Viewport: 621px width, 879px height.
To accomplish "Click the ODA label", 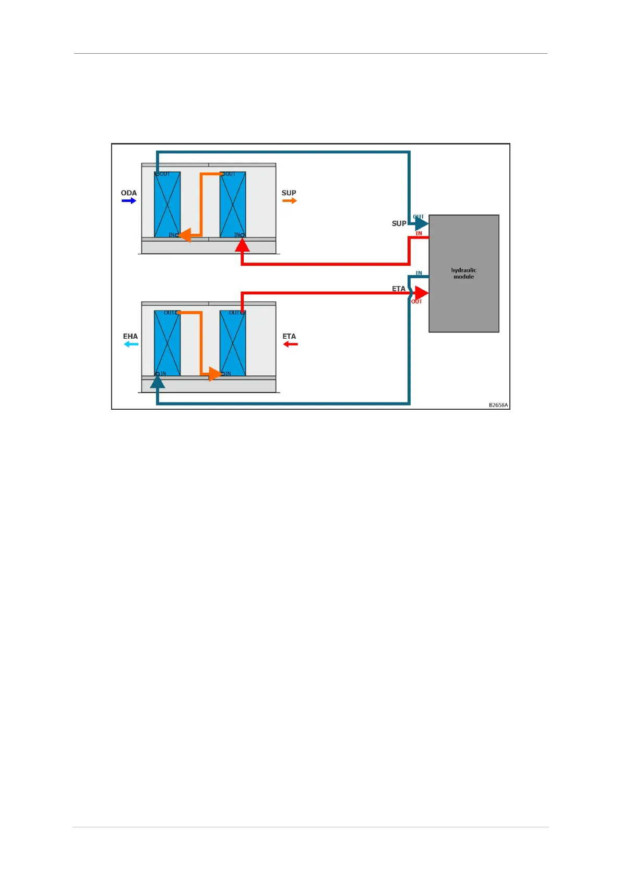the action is [128, 193].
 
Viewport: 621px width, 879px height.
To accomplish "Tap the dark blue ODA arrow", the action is [129, 200].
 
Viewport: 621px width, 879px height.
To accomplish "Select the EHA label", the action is [130, 336].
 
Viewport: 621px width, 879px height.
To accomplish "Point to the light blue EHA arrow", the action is [131, 345].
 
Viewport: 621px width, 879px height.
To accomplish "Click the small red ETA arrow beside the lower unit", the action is [290, 345].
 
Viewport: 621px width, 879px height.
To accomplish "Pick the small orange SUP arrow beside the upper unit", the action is [290, 200].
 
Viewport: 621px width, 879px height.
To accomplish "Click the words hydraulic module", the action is [463, 274].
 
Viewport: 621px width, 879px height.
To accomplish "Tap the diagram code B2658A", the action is [498, 405].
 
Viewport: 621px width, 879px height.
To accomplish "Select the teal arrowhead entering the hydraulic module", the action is [422, 224].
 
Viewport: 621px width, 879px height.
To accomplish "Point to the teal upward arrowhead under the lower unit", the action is [158, 383].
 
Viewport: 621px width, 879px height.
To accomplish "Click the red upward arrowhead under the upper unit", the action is [242, 244].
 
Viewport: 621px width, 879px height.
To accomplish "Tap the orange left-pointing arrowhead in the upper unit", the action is [185, 235].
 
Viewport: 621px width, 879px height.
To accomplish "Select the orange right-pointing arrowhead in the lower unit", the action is [215, 374].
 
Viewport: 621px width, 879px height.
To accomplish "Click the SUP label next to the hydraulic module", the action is [399, 223].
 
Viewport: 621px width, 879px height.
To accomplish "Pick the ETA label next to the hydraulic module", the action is [399, 289].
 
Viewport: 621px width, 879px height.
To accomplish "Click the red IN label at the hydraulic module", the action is [419, 233].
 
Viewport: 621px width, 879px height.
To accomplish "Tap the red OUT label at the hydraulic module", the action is [416, 302].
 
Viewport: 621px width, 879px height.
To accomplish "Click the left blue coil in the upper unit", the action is [167, 205].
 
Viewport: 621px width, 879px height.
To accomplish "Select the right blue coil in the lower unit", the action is [233, 343].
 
